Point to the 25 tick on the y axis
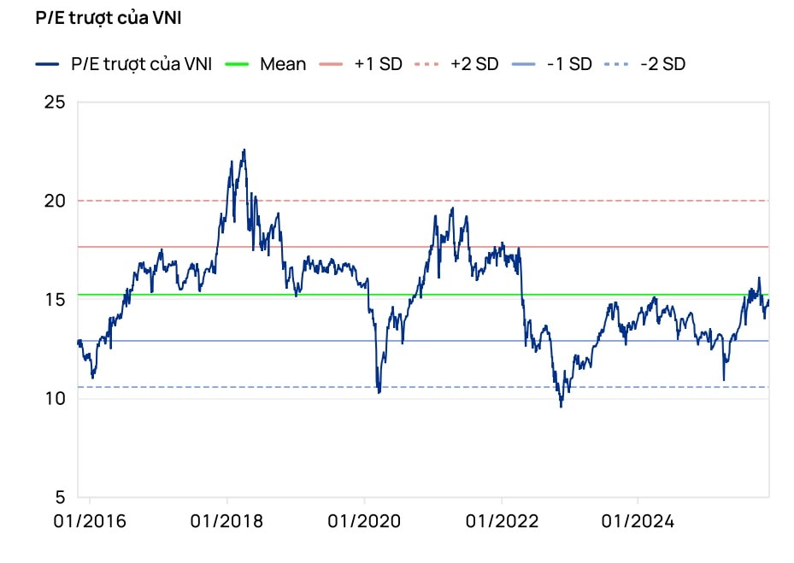[54, 103]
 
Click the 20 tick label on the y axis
[54, 201]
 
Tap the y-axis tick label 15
[54, 300]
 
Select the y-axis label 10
[54, 398]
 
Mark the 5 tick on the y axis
[59, 497]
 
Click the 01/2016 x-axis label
[89, 520]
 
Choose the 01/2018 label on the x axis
[226, 520]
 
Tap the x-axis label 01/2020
[364, 520]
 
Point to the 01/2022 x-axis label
[502, 520]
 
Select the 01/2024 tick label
[638, 520]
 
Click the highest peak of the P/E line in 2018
[244, 150]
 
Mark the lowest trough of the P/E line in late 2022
[562, 406]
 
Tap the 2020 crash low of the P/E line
[379, 392]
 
